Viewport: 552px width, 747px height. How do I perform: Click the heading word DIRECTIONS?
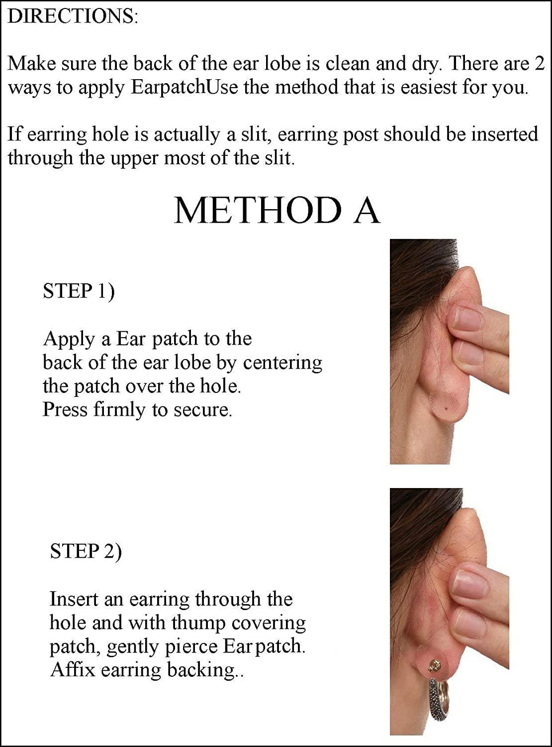pyautogui.click(x=72, y=17)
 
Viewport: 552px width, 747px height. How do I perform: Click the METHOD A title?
pyautogui.click(x=277, y=210)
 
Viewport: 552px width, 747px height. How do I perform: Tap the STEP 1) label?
pyautogui.click(x=79, y=291)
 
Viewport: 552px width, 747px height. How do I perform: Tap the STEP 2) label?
pyautogui.click(x=86, y=551)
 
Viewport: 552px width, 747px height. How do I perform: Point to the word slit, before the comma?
pyautogui.click(x=252, y=135)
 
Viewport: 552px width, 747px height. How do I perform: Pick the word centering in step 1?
pyautogui.click(x=282, y=363)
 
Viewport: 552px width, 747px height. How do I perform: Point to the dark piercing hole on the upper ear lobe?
pyautogui.click(x=445, y=409)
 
